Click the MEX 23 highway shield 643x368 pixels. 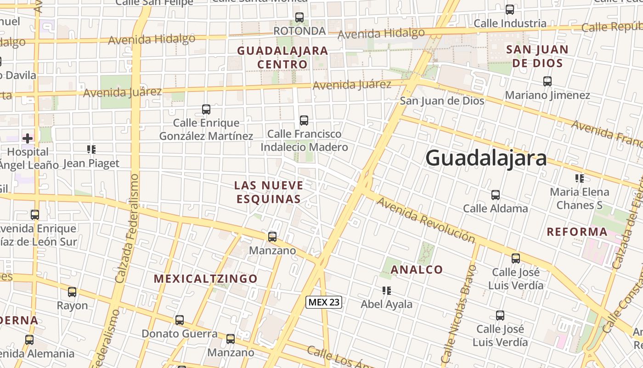tap(324, 302)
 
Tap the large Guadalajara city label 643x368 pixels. tap(486, 158)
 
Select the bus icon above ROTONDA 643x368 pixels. tap(299, 17)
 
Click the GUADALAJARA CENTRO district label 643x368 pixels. tap(282, 57)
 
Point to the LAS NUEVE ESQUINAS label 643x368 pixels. tap(269, 192)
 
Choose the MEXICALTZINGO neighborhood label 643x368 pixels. tap(205, 279)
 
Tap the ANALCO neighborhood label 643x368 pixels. tap(417, 270)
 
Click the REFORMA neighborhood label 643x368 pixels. tap(577, 232)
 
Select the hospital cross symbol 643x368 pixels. tap(28, 138)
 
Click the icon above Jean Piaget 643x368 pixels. tap(91, 149)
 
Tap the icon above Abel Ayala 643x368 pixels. tap(386, 291)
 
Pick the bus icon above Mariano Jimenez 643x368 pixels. tap(547, 81)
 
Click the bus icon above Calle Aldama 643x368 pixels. tap(495, 195)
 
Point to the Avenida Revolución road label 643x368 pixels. tap(426, 219)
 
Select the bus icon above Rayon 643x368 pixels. tap(72, 292)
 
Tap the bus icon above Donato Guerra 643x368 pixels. tap(180, 320)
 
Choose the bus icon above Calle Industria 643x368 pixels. tap(509, 10)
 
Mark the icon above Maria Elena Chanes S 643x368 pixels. tap(579, 178)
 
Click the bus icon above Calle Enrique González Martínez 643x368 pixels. tap(206, 109)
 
